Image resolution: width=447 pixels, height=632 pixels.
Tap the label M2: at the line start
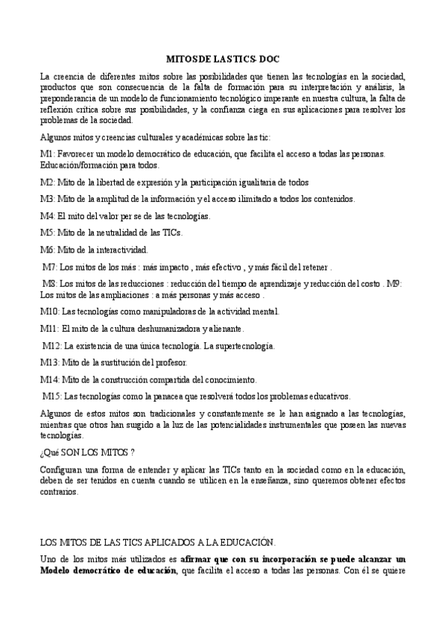click(47, 182)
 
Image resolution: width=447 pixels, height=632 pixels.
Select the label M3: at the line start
click(47, 199)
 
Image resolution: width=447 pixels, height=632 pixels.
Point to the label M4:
click(47, 216)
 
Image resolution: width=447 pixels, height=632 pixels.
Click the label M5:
click(47, 233)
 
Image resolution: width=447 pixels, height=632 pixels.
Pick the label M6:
click(47, 250)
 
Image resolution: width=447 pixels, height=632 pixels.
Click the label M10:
click(49, 312)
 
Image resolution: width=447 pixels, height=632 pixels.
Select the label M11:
click(49, 329)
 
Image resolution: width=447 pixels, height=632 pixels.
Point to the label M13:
click(49, 363)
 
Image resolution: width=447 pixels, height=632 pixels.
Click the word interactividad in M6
click(124, 250)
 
